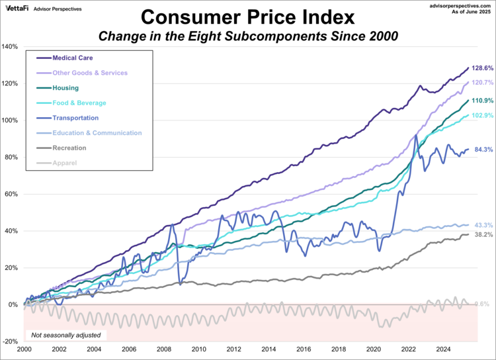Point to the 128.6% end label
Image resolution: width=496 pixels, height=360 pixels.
pos(481,68)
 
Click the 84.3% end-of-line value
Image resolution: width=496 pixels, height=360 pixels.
pos(481,150)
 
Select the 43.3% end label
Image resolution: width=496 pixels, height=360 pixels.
pos(481,226)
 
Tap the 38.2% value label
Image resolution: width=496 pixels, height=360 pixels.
pos(481,235)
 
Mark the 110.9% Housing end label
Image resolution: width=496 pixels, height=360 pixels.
pos(481,101)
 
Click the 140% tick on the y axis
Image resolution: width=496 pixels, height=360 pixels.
pos(11,46)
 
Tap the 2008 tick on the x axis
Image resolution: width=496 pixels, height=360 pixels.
pos(164,349)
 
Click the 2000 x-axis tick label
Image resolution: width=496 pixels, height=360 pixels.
pos(24,349)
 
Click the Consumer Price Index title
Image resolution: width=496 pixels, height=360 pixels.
pos(247,16)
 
